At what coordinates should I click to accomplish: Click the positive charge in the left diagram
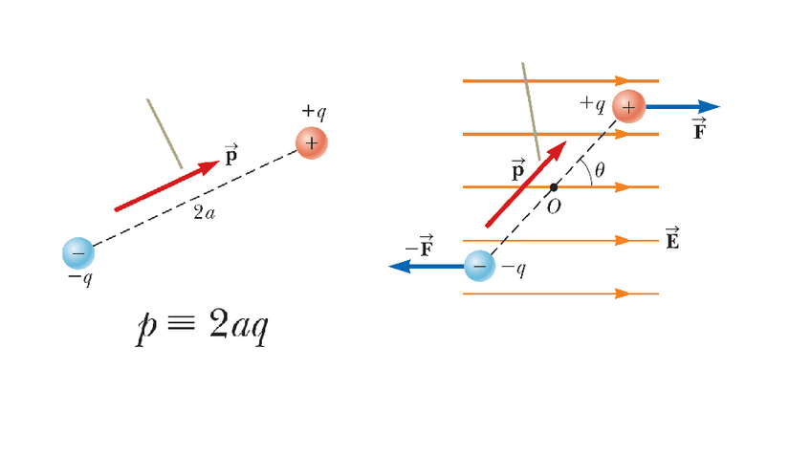pos(311,143)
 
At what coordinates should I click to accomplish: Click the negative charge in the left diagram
pos(78,252)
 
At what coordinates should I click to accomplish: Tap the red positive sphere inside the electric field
pos(628,106)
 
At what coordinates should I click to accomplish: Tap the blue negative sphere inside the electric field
pos(480,266)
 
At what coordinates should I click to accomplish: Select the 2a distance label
pos(204,213)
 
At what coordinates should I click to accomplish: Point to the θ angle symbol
pos(600,169)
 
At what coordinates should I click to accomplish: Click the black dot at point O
pos(554,186)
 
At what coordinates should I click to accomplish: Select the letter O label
pos(553,206)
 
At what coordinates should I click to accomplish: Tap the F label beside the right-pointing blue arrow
pos(699,130)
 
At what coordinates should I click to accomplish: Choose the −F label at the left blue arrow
pos(418,247)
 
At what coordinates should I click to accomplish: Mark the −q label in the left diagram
pos(80,279)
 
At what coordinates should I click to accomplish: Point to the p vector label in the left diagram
pos(230,155)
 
